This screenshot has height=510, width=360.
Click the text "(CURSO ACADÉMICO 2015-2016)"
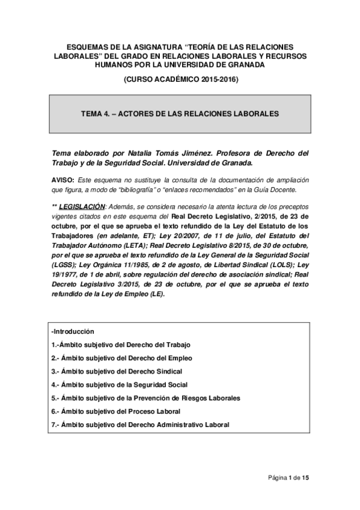(x=180, y=79)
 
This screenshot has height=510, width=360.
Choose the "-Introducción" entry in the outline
(x=73, y=331)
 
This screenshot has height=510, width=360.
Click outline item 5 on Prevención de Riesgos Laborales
(x=145, y=398)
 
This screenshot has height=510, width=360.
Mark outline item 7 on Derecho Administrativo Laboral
(x=141, y=425)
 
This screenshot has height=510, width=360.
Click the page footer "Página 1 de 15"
(x=288, y=478)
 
